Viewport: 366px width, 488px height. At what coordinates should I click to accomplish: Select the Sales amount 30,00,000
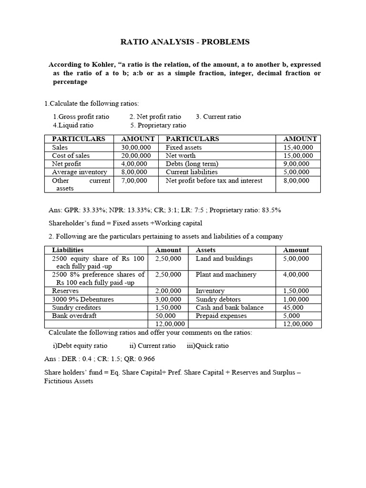point(136,148)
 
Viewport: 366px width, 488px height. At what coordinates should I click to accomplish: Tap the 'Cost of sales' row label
point(71,156)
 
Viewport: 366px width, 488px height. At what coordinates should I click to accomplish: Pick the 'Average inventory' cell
point(79,172)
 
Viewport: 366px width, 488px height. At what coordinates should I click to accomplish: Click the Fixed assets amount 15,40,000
point(298,148)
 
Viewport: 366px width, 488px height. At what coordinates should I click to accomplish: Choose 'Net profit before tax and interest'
point(214,181)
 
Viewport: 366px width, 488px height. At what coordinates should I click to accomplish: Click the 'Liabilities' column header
point(68,250)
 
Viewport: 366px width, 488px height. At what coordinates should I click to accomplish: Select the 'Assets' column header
point(206,250)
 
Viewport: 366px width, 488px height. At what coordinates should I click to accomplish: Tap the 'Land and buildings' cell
point(224,258)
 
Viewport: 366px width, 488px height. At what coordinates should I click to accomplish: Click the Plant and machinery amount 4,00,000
point(296,274)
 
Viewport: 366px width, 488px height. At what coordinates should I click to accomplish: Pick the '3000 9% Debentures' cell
point(83,299)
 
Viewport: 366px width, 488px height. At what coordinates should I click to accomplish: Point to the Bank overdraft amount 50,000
point(165,315)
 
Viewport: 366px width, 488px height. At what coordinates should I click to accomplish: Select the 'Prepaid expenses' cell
point(221,315)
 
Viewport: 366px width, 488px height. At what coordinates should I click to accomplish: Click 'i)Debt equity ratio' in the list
point(80,346)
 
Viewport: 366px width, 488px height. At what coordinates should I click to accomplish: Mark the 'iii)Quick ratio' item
point(208,346)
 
